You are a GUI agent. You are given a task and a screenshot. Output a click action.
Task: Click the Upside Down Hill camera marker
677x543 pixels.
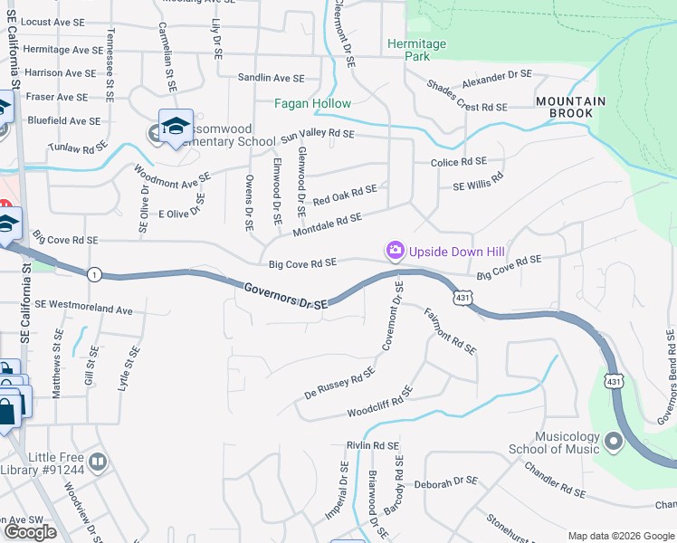tap(395, 251)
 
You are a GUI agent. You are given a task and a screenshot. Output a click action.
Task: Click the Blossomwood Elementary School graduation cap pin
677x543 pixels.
tap(176, 126)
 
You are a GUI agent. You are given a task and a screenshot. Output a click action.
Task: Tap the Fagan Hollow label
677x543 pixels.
tap(313, 104)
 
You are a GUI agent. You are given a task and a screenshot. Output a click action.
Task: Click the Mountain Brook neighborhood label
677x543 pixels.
tap(564, 107)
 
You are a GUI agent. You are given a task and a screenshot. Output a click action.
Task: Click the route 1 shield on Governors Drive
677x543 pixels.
tap(94, 273)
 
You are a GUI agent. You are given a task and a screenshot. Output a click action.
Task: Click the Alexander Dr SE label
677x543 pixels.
tap(496, 79)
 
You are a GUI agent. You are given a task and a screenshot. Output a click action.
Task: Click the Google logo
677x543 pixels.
tap(31, 531)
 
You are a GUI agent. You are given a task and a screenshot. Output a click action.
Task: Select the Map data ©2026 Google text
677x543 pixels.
tap(619, 536)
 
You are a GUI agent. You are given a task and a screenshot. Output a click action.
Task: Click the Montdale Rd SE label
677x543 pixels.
tap(327, 224)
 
